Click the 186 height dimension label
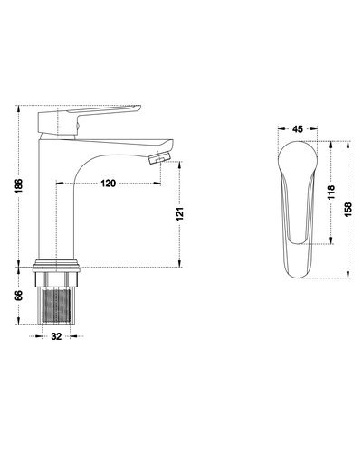pos(19,186)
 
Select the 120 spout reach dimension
pos(108,183)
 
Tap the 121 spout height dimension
pos(180,213)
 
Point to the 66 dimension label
pos(19,296)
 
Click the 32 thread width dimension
pos(56,336)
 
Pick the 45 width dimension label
pos(298,129)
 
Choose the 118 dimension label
pos(331,192)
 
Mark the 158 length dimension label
pos(348,210)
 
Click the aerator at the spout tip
pos(160,157)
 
